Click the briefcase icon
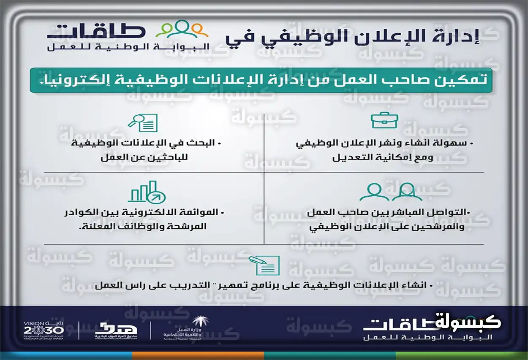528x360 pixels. [384, 121]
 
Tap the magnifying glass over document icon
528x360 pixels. [143, 122]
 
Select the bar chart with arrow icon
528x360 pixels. [147, 192]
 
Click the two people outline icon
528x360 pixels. [391, 192]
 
